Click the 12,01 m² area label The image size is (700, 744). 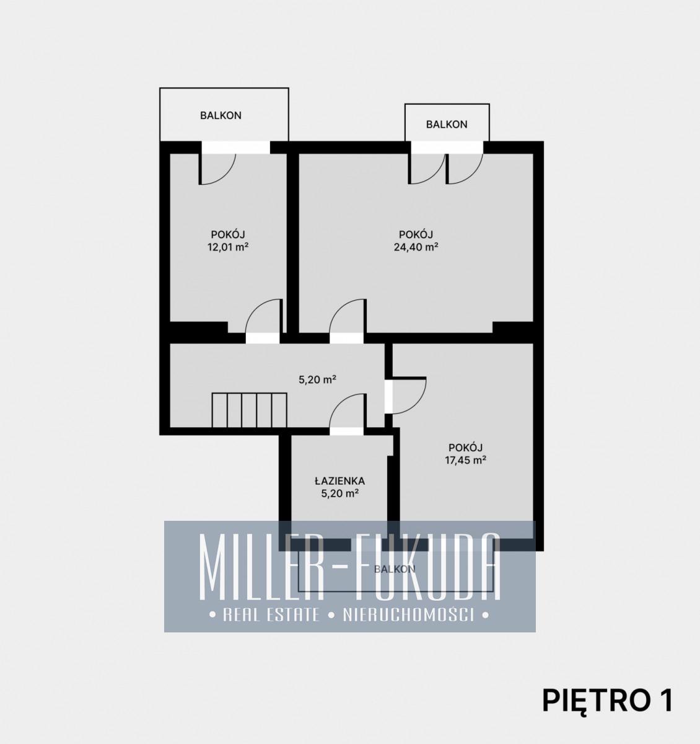click(x=228, y=247)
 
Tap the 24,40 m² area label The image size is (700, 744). click(x=416, y=247)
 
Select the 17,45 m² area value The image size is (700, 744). click(x=465, y=460)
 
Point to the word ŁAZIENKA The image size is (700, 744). click(x=339, y=480)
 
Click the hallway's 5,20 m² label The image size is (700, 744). click(x=317, y=380)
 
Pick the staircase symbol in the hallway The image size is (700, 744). click(x=249, y=410)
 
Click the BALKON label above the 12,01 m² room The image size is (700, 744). click(x=221, y=115)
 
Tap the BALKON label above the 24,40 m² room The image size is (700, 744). click(x=447, y=125)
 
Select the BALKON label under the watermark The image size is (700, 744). click(x=395, y=569)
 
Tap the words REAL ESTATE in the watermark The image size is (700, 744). click(x=271, y=615)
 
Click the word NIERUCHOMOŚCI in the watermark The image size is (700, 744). click(x=408, y=615)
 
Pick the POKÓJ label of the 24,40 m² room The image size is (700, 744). click(x=416, y=234)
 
